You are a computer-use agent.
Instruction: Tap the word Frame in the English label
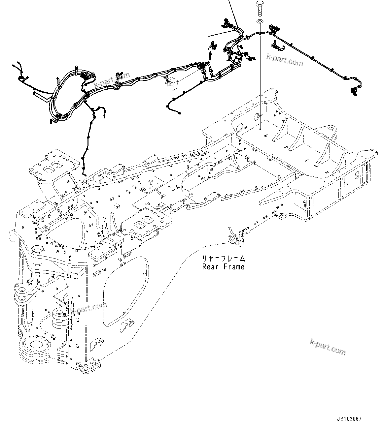(234, 267)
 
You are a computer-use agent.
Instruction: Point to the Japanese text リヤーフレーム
(224, 259)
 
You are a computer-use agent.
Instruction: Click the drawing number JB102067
(349, 419)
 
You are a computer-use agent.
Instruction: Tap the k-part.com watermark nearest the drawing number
(328, 347)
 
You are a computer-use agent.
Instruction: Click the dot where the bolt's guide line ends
(260, 129)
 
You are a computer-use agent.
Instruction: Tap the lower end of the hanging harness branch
(84, 174)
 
